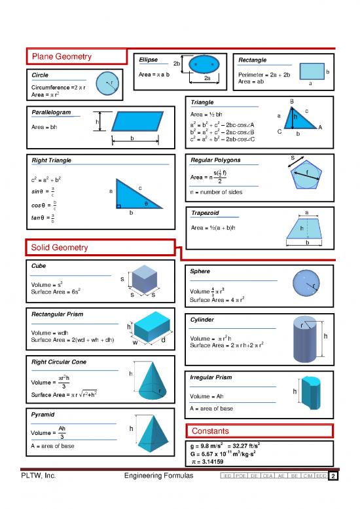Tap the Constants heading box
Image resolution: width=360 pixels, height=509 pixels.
(211, 430)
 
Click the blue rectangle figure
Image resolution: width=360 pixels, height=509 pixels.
(312, 71)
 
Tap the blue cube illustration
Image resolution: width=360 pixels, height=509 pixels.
(143, 281)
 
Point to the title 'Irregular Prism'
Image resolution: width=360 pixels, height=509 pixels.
(210, 378)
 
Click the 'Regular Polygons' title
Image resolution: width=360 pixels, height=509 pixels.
(215, 160)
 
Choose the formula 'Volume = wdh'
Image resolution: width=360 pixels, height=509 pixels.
(50, 333)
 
